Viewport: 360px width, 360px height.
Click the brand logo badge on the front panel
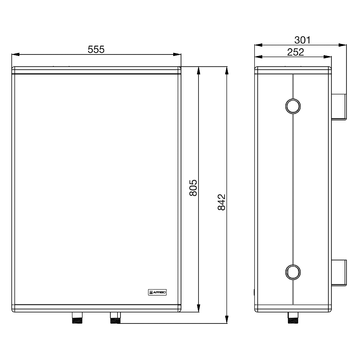pos(156,293)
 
